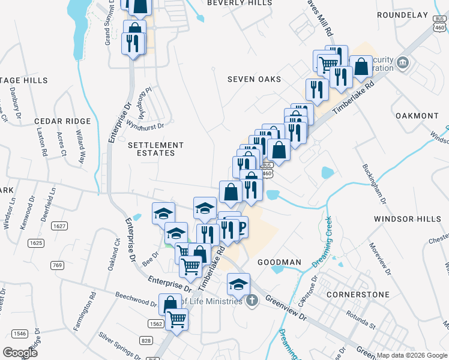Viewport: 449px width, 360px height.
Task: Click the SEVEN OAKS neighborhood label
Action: [255, 79]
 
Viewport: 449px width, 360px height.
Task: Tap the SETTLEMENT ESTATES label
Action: [156, 149]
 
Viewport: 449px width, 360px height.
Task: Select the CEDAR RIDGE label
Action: [62, 121]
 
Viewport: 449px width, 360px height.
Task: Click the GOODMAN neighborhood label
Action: [279, 262]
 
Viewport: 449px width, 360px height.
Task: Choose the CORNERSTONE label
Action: [358, 295]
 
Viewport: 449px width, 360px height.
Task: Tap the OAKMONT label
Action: [417, 115]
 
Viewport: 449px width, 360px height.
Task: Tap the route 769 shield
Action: [57, 265]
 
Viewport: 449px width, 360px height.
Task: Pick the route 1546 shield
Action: [20, 333]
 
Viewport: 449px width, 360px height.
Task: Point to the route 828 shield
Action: [146, 340]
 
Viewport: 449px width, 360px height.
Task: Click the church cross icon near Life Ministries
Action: [252, 300]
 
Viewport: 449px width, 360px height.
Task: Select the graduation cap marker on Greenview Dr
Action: [238, 283]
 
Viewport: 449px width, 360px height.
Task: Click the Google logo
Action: [20, 352]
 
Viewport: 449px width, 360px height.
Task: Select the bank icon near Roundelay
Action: [403, 62]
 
